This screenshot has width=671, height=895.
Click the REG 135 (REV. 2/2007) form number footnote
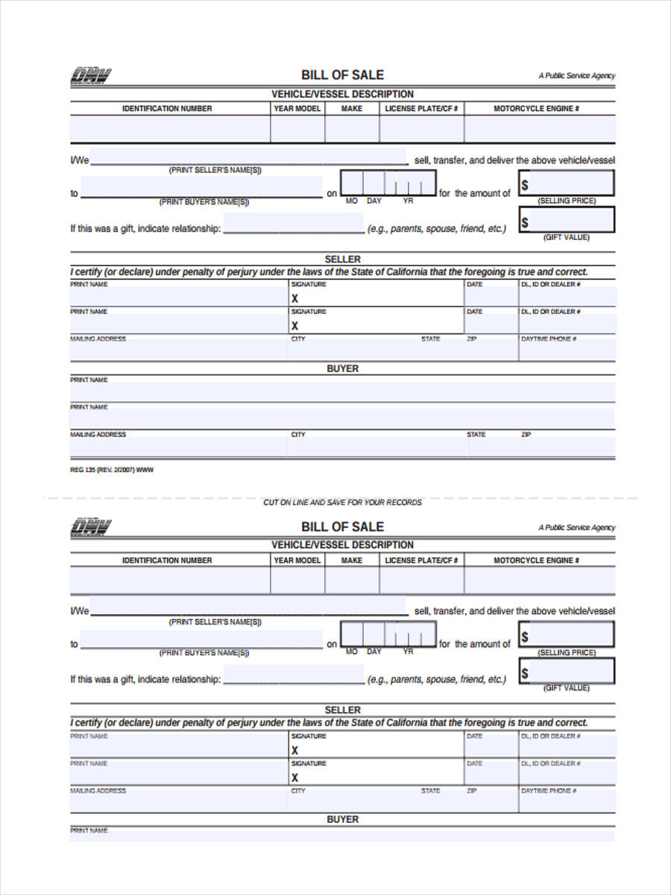[x=112, y=470]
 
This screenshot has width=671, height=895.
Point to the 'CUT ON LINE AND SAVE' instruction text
[x=342, y=502]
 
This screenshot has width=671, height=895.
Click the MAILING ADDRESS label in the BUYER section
[x=98, y=434]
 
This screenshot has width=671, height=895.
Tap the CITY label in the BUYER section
[x=298, y=434]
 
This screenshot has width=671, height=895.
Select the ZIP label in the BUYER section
[x=526, y=434]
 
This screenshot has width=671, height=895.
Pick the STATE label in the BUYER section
[x=476, y=434]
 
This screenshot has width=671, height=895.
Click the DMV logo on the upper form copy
[x=90, y=75]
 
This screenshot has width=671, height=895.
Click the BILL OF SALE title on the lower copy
[x=342, y=527]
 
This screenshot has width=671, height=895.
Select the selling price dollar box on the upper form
[x=567, y=183]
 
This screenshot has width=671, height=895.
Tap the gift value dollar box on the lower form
[x=567, y=673]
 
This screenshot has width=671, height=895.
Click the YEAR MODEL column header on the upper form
[x=297, y=108]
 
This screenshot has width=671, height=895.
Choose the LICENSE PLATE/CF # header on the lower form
[x=421, y=560]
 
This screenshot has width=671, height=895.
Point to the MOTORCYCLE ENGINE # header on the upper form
[x=536, y=108]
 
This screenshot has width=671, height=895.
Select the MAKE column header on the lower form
[x=352, y=560]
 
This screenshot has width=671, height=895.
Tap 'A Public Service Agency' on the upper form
[x=576, y=75]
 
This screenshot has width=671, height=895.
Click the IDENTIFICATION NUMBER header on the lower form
[x=167, y=560]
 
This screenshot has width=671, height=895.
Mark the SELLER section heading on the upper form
[x=342, y=260]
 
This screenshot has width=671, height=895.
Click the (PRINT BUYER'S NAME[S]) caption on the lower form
[x=204, y=653]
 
